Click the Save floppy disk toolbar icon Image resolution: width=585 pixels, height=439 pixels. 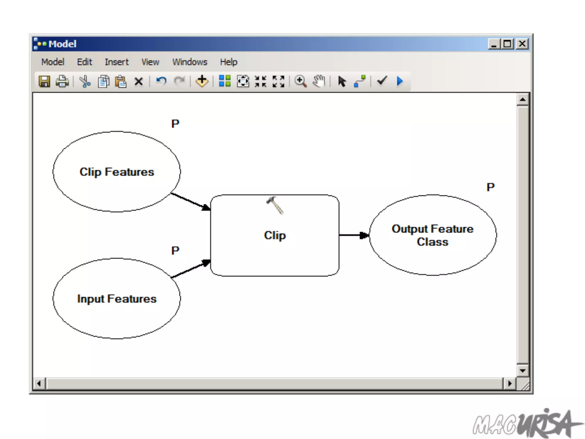tap(44, 81)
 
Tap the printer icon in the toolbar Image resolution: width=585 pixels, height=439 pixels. tap(62, 81)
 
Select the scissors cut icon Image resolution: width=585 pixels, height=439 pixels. tap(85, 81)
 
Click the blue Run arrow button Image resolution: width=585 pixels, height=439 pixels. tap(400, 81)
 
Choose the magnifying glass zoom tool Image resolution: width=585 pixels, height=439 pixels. tap(300, 81)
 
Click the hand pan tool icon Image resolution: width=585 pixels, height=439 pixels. tap(319, 81)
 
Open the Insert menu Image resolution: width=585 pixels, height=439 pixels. tap(117, 62)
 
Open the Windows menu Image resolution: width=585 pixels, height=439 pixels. tap(190, 62)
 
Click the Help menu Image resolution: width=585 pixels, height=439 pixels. tap(229, 62)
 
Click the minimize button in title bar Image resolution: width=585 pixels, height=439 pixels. tap(494, 44)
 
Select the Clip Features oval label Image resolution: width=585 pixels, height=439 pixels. tap(117, 172)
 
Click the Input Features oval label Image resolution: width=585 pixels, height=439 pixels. tap(117, 299)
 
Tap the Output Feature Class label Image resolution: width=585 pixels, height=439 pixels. tap(432, 235)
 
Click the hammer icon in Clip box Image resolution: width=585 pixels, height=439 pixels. tap(275, 205)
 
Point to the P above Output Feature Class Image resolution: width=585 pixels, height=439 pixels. tap(490, 187)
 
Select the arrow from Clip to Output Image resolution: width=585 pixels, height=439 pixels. tap(354, 235)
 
